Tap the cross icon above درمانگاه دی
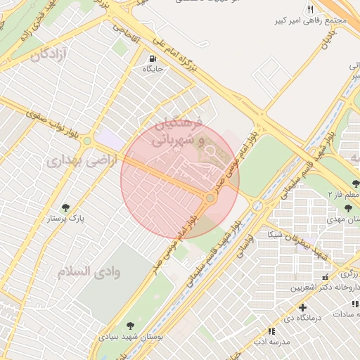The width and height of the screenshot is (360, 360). pyautogui.click(x=302, y=307)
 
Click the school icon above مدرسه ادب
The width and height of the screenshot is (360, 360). pyautogui.click(x=271, y=330)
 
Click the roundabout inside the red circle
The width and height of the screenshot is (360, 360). pyautogui.click(x=210, y=199)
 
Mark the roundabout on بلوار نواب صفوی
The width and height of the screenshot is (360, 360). pyautogui.click(x=87, y=141)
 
